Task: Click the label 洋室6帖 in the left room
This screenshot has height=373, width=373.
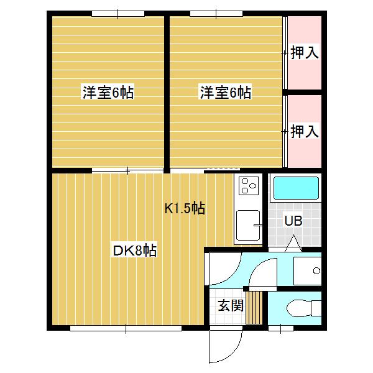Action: click(108, 93)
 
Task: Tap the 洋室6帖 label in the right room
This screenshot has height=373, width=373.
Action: click(225, 93)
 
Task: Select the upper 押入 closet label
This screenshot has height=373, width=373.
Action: click(305, 53)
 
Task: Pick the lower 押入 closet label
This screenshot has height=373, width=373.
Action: click(305, 131)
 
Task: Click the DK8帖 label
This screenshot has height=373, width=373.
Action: click(134, 251)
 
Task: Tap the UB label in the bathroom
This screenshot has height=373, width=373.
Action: click(293, 220)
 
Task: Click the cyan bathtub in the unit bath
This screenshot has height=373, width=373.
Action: click(296, 188)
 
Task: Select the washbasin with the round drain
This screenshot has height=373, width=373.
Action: click(307, 271)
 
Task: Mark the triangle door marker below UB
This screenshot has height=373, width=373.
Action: click(294, 242)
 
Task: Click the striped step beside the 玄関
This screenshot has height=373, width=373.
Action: click(254, 307)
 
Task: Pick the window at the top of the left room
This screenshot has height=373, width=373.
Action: click(117, 13)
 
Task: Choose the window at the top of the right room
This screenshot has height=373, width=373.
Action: click(216, 13)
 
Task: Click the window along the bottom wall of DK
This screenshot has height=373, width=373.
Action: click(126, 328)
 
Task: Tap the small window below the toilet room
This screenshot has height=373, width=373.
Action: click(280, 328)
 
